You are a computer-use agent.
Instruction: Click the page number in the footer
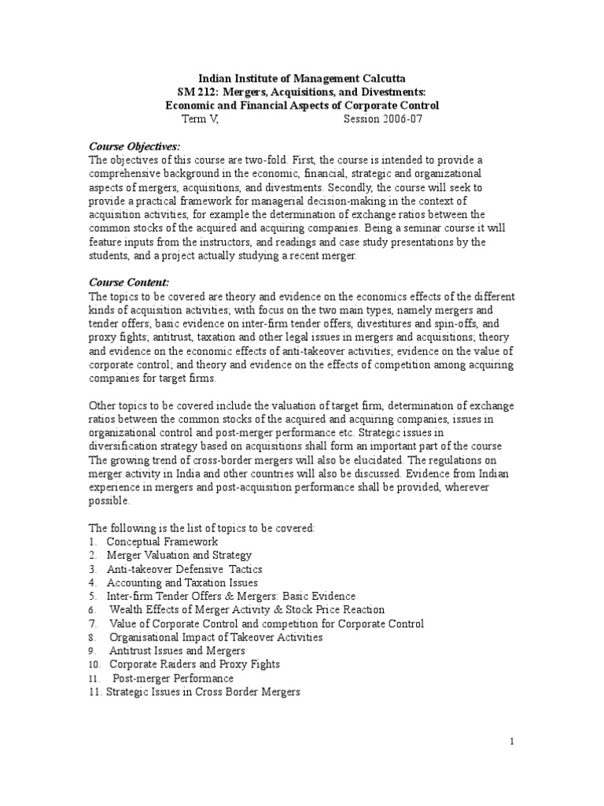pos(511,741)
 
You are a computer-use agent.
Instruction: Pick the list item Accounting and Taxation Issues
pos(182,582)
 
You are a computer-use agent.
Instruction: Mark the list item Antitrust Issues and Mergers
pos(177,651)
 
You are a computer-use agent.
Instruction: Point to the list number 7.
pos(92,623)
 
